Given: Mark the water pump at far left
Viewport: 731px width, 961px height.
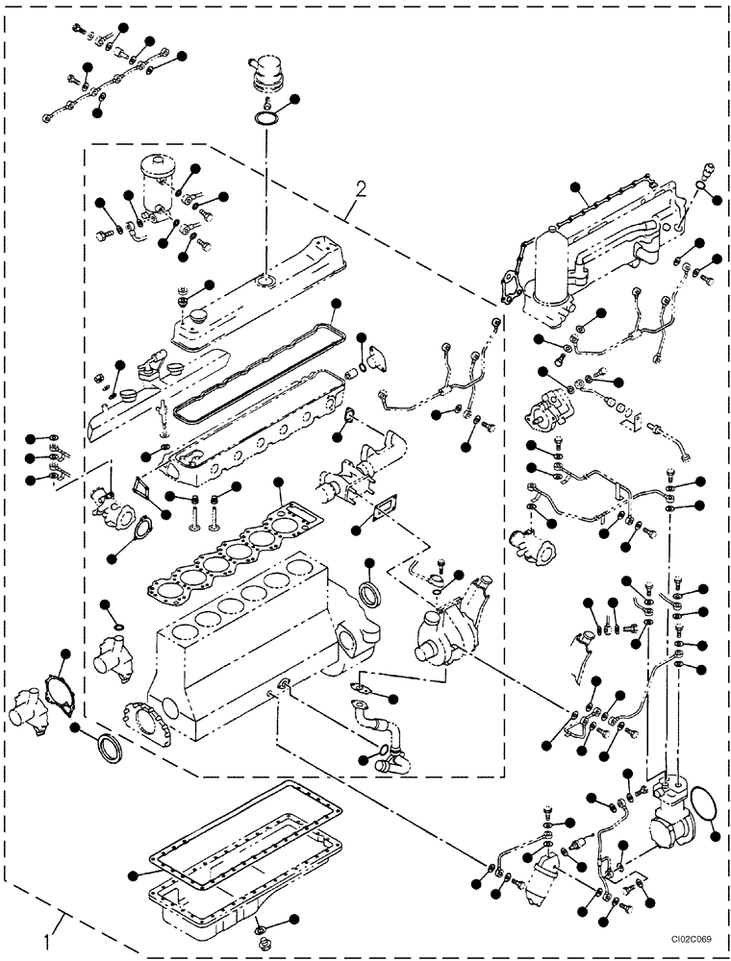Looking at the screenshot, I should pos(38,706).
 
